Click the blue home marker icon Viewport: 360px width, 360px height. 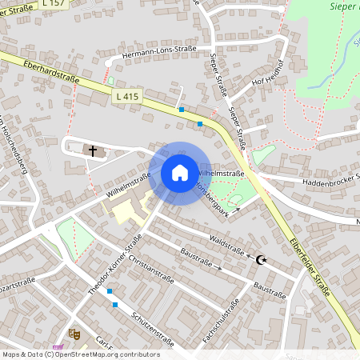(x=180, y=173)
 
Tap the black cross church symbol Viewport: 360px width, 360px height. (x=93, y=150)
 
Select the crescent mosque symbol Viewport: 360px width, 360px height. (x=260, y=259)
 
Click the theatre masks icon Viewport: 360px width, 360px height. (x=74, y=332)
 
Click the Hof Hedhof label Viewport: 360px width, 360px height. (x=268, y=73)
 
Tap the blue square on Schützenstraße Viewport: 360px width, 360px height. (x=116, y=305)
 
